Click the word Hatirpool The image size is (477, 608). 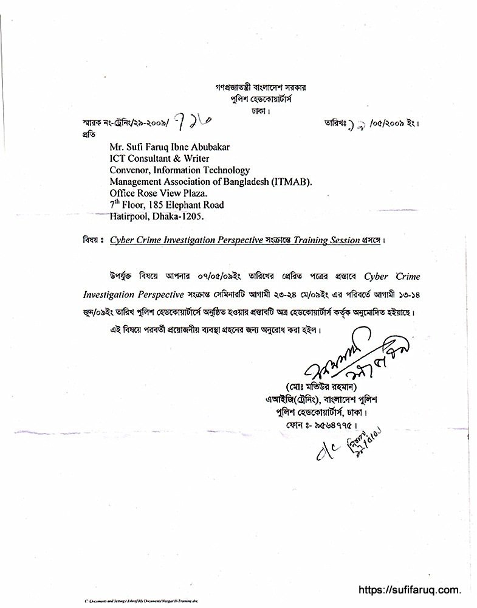click(x=131, y=216)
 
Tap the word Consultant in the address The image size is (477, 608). click(x=153, y=161)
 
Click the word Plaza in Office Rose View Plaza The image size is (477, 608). click(x=184, y=194)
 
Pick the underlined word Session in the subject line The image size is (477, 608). click(x=343, y=241)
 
